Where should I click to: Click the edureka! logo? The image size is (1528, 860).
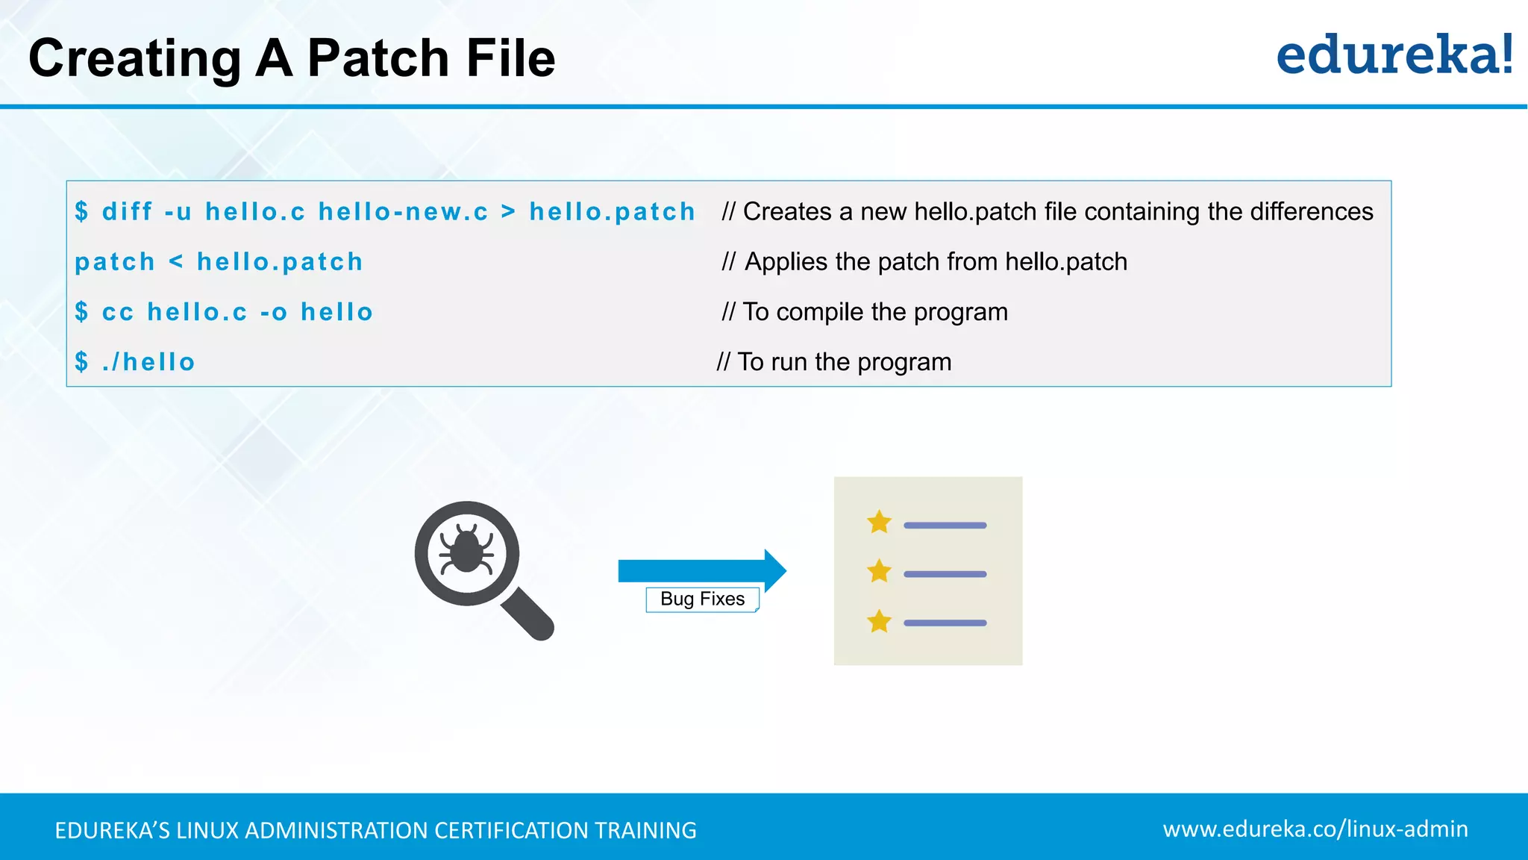point(1394,55)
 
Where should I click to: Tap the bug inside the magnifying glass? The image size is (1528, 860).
point(466,550)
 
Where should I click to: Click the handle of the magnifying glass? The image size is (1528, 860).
point(528,614)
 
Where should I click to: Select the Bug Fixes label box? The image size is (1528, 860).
point(702,599)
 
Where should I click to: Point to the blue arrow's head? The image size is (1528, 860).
point(774,571)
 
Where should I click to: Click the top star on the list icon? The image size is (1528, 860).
point(879,523)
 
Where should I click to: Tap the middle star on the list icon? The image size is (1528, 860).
point(879,572)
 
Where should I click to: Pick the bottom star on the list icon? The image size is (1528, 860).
point(879,621)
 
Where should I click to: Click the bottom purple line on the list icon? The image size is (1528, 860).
point(945,623)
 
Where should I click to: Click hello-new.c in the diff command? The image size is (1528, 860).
point(403,212)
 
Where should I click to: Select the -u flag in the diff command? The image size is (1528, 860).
point(178,212)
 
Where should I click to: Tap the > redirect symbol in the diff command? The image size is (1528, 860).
point(508,212)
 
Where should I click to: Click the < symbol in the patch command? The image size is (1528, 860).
point(176,262)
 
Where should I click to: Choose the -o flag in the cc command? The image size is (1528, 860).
point(273,312)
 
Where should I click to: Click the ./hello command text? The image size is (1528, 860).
point(148,362)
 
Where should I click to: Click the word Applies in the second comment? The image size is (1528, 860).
point(786,262)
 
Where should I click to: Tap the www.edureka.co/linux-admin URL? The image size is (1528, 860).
point(1315,829)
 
